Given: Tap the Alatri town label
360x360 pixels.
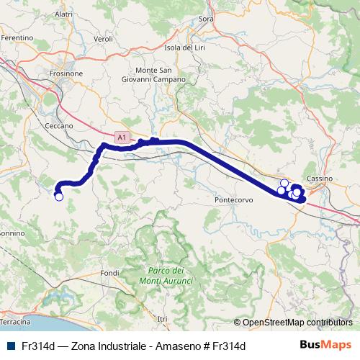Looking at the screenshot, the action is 63,14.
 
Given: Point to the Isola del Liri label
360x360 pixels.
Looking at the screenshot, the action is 186,48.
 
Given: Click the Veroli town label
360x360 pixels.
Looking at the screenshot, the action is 104,39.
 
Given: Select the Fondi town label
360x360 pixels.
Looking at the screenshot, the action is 110,273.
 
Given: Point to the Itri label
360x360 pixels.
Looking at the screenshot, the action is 161,318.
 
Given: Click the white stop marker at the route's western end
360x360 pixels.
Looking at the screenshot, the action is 59,197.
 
